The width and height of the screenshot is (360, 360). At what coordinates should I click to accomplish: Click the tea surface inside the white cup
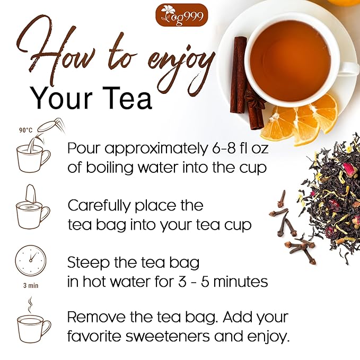point(289,59)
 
